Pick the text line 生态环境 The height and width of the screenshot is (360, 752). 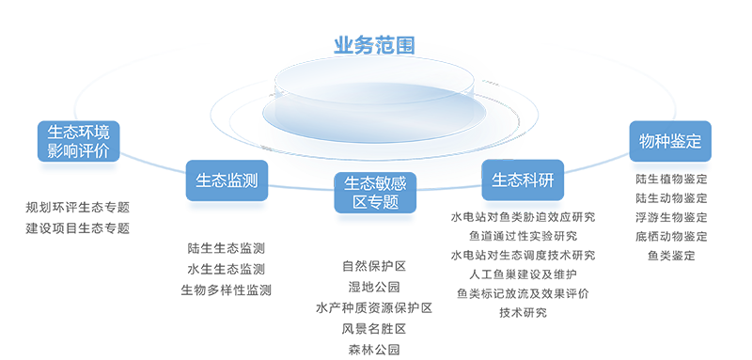point(79,133)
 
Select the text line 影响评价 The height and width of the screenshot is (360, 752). point(79,151)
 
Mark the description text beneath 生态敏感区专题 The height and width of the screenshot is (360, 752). point(374,281)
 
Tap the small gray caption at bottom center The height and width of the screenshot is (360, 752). point(374,349)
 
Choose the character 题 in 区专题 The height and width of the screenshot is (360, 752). point(391,203)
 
